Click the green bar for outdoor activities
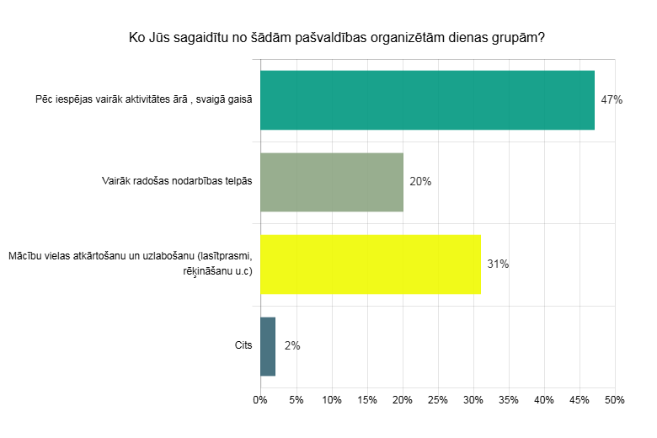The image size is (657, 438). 427,100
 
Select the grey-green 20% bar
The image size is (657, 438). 332,181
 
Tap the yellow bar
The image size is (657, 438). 371,264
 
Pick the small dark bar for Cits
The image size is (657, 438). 268,345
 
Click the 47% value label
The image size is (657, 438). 612,100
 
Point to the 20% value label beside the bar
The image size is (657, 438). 420,181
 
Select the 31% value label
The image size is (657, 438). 498,264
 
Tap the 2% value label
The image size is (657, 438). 292,345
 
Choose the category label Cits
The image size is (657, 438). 243,345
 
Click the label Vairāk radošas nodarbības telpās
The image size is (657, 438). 176,181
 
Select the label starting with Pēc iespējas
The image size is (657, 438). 144,100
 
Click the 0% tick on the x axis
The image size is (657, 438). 260,399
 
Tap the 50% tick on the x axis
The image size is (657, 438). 614,399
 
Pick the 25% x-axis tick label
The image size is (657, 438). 437,399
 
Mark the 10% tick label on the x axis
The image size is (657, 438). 331,399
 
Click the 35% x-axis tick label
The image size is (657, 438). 508,399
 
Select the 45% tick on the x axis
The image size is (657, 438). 579,399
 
